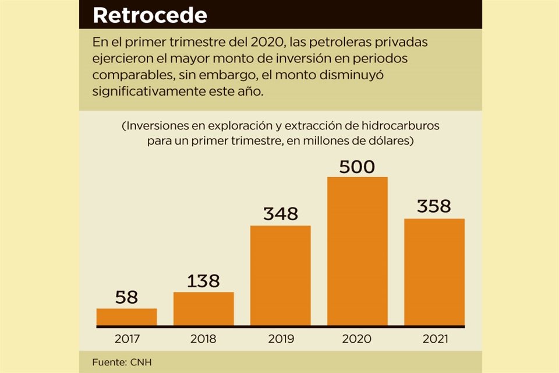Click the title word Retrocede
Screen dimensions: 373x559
pos(150,16)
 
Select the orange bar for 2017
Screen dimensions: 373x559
pos(126,316)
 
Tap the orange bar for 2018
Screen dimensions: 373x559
pos(203,308)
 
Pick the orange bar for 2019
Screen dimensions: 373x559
pos(280,275)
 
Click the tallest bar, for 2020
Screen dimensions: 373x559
pos(357,251)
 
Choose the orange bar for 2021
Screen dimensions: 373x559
pos(434,272)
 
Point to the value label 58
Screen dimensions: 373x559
pos(126,298)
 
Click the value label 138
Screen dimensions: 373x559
pos(203,281)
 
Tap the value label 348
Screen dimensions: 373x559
pos(280,214)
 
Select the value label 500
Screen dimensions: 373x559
pos(357,167)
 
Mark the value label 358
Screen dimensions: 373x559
pos(434,206)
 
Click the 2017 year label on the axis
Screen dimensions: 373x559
pos(126,339)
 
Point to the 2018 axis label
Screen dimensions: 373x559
pos(203,339)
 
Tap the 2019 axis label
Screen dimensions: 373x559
pos(280,339)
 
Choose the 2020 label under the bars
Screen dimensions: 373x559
pos(357,339)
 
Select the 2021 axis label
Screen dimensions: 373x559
pos(434,339)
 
